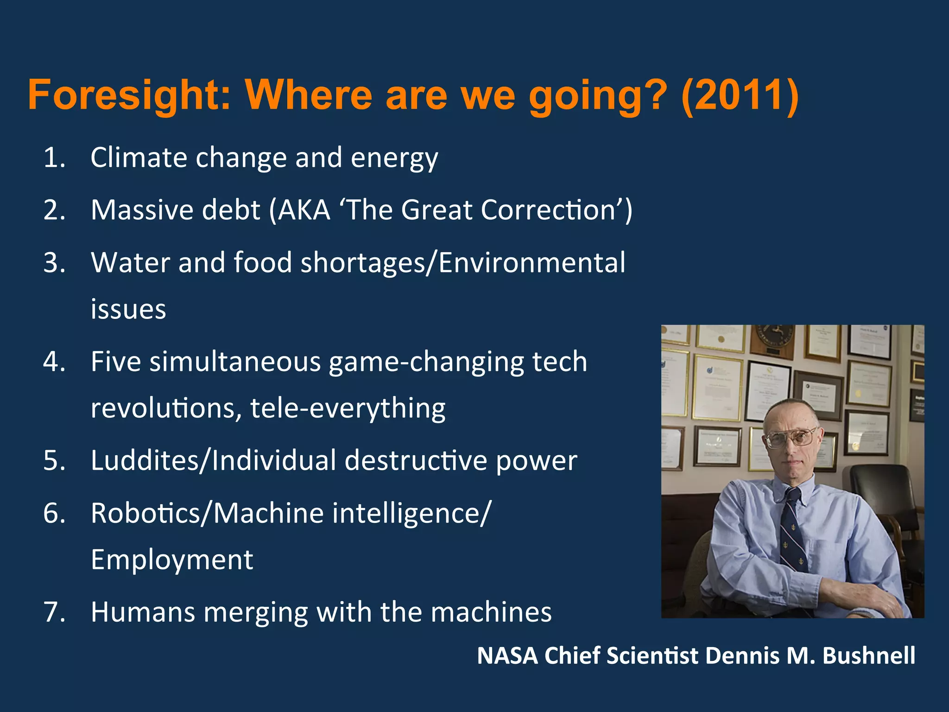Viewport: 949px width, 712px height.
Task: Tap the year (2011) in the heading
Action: (x=740, y=95)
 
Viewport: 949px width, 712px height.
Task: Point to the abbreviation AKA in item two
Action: (x=304, y=210)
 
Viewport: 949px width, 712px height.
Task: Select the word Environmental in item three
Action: (x=532, y=262)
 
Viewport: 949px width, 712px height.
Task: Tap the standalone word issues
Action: (x=128, y=309)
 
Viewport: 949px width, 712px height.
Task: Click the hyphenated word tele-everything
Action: (x=348, y=409)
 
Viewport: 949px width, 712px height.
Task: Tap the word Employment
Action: (x=172, y=560)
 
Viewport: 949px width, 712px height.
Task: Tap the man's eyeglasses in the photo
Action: (x=791, y=436)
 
